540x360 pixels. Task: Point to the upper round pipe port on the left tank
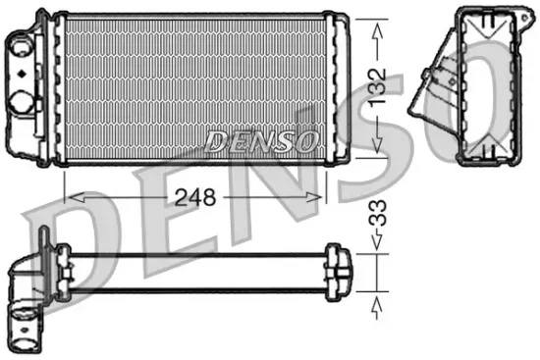(21, 44)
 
